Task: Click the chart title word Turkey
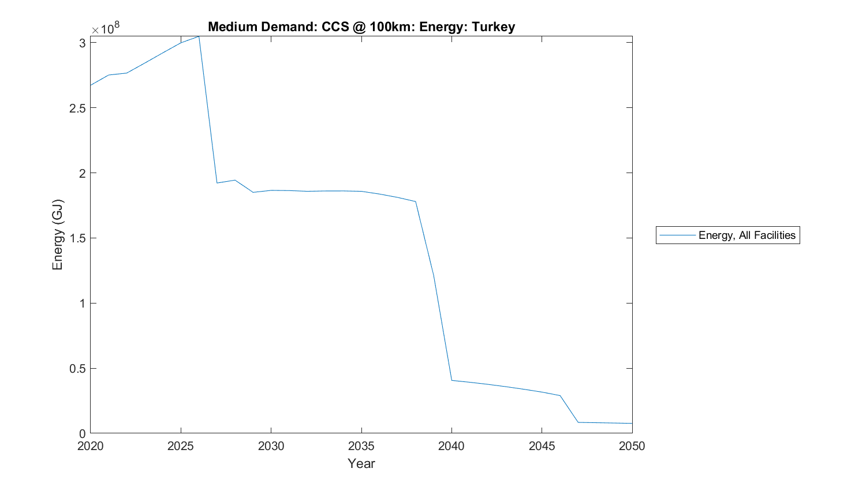point(493,27)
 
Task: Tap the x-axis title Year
point(361,463)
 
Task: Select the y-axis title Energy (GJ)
point(57,235)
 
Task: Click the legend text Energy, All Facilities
point(746,235)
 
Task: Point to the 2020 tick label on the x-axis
point(91,446)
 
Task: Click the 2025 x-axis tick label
point(181,446)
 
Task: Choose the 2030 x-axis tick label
point(271,446)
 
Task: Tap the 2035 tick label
point(361,446)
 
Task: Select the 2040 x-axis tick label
point(451,446)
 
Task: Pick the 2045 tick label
point(542,446)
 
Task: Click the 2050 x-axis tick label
point(632,446)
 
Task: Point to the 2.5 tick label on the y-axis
point(77,108)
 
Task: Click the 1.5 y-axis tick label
point(77,238)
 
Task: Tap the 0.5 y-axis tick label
point(77,369)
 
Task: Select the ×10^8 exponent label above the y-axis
point(105,28)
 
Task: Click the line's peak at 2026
point(199,36)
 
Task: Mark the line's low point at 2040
point(451,380)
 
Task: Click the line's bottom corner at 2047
point(578,422)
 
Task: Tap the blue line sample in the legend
point(677,235)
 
